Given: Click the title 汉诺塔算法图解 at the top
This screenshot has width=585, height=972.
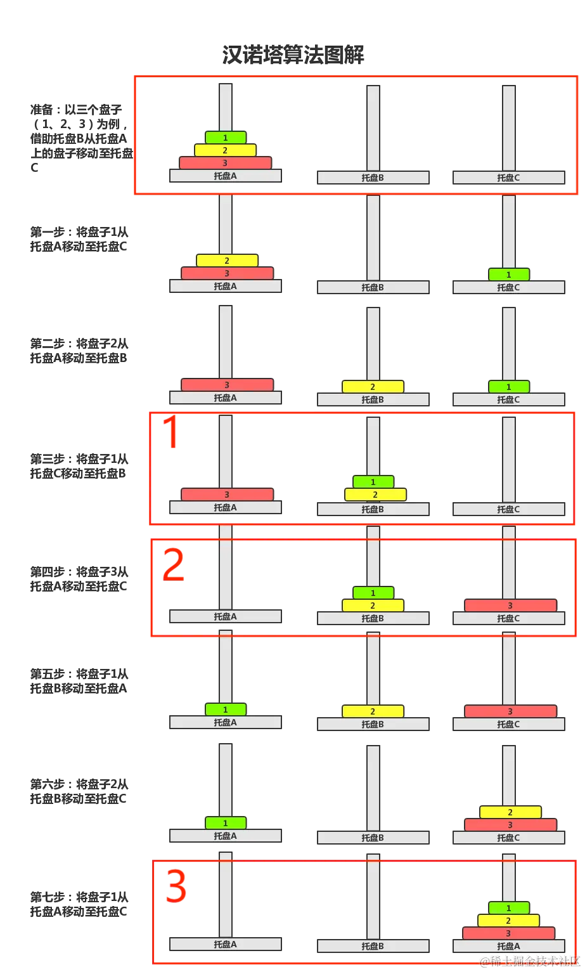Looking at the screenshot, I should [x=293, y=55].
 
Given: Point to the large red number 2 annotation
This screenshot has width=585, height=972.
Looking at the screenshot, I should [x=174, y=564].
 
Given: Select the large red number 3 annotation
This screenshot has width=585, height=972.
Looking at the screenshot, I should [x=176, y=886].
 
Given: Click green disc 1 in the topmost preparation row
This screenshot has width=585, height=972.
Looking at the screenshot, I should [x=225, y=138].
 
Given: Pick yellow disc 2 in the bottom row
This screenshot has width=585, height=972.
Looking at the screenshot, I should [x=508, y=921].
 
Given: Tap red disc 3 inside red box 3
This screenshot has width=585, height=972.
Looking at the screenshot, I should [x=508, y=933].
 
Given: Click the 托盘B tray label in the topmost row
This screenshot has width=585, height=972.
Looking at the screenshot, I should [x=373, y=178].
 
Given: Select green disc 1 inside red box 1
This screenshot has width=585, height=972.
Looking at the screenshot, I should [x=373, y=482].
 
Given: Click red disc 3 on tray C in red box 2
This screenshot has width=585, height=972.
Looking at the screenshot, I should [x=510, y=606].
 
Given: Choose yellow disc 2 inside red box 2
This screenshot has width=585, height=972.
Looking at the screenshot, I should [x=373, y=606].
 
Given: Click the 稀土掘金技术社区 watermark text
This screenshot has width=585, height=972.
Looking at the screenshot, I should [x=529, y=961].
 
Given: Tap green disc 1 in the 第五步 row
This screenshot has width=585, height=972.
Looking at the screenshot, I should [x=225, y=710].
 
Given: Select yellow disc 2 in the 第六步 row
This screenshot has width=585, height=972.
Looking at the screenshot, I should [x=510, y=812].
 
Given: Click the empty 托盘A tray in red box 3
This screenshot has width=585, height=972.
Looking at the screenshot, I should [x=225, y=944].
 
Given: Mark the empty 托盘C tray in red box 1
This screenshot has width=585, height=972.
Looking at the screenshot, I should [x=508, y=509].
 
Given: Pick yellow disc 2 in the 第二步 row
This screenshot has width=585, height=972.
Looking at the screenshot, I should [x=373, y=387].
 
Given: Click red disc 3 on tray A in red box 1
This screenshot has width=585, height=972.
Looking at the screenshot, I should [x=227, y=495].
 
